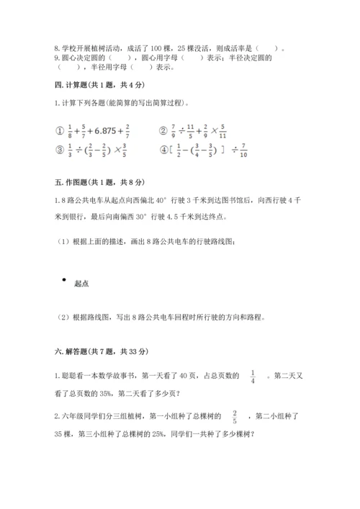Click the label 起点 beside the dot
click(81, 284)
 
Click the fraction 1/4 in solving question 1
click(253, 374)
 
